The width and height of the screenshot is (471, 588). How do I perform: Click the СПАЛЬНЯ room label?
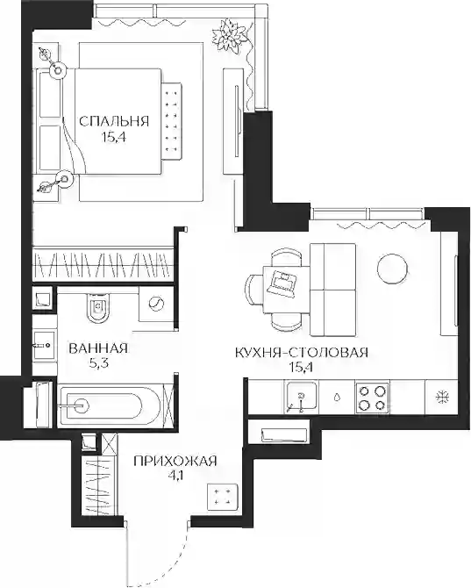tap(114, 121)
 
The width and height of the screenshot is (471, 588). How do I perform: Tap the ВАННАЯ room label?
tap(98, 348)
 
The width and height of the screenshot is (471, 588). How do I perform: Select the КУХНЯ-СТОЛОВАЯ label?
tap(302, 353)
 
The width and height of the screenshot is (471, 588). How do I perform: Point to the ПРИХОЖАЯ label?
tap(175, 461)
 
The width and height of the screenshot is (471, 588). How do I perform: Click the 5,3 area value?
tap(98, 363)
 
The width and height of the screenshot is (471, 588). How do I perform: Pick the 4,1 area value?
tap(175, 477)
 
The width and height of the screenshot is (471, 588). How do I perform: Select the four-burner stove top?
tap(372, 398)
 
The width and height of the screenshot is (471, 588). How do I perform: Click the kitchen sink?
tap(301, 397)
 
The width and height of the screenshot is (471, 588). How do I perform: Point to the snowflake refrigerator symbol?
tap(443, 398)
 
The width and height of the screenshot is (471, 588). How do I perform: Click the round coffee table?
tap(392, 269)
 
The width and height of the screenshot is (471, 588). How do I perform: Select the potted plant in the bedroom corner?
tap(232, 36)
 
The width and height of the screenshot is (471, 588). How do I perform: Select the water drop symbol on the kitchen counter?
tap(337, 398)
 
